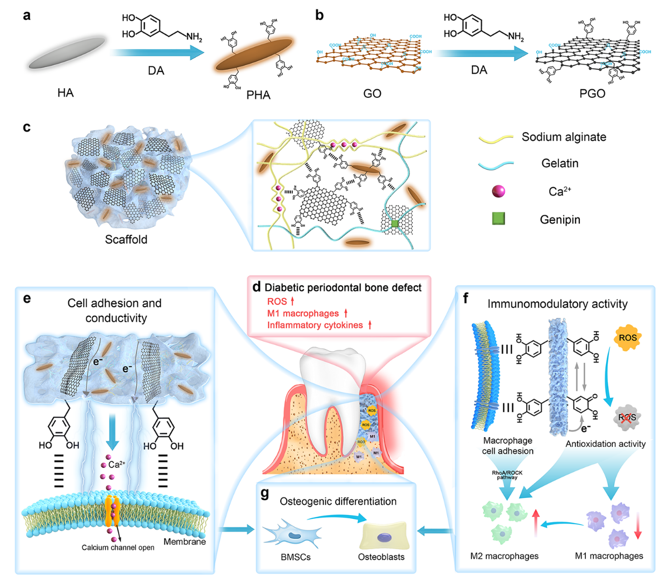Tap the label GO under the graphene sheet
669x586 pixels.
click(372, 93)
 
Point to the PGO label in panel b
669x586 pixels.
click(592, 93)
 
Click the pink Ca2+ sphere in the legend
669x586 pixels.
click(498, 191)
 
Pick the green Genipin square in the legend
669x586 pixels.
click(498, 219)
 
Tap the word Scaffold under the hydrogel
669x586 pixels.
click(126, 240)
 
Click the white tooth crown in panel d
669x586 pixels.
click(333, 371)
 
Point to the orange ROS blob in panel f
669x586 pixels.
click(627, 338)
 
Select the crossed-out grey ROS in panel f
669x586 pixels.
click(627, 417)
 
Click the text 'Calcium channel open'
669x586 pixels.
click(118, 547)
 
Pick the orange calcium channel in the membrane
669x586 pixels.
click(112, 510)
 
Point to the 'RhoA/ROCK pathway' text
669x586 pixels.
click(507, 475)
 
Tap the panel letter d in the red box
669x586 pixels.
click(257, 287)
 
